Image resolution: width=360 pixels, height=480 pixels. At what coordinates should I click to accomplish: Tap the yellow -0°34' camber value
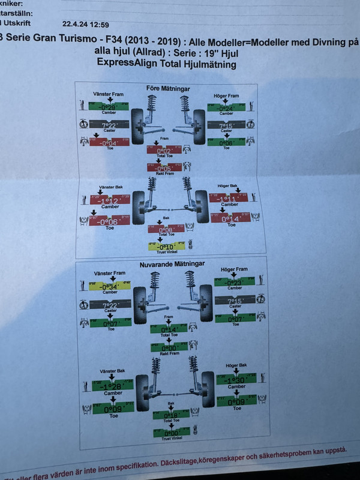click(109, 286)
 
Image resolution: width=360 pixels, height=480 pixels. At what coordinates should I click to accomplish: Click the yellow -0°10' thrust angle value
click(166, 246)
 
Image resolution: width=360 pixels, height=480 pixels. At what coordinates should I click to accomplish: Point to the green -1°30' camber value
click(235, 380)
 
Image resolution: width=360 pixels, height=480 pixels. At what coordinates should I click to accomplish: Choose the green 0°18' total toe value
click(171, 414)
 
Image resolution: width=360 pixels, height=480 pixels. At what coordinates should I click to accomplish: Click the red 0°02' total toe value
click(165, 150)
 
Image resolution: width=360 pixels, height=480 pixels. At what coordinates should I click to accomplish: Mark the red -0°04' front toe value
click(109, 143)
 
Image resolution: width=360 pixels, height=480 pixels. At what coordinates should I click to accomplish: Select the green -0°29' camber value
click(109, 107)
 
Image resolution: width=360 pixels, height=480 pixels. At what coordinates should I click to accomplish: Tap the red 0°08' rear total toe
click(167, 228)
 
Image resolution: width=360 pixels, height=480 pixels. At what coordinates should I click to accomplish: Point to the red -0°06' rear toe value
click(109, 221)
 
